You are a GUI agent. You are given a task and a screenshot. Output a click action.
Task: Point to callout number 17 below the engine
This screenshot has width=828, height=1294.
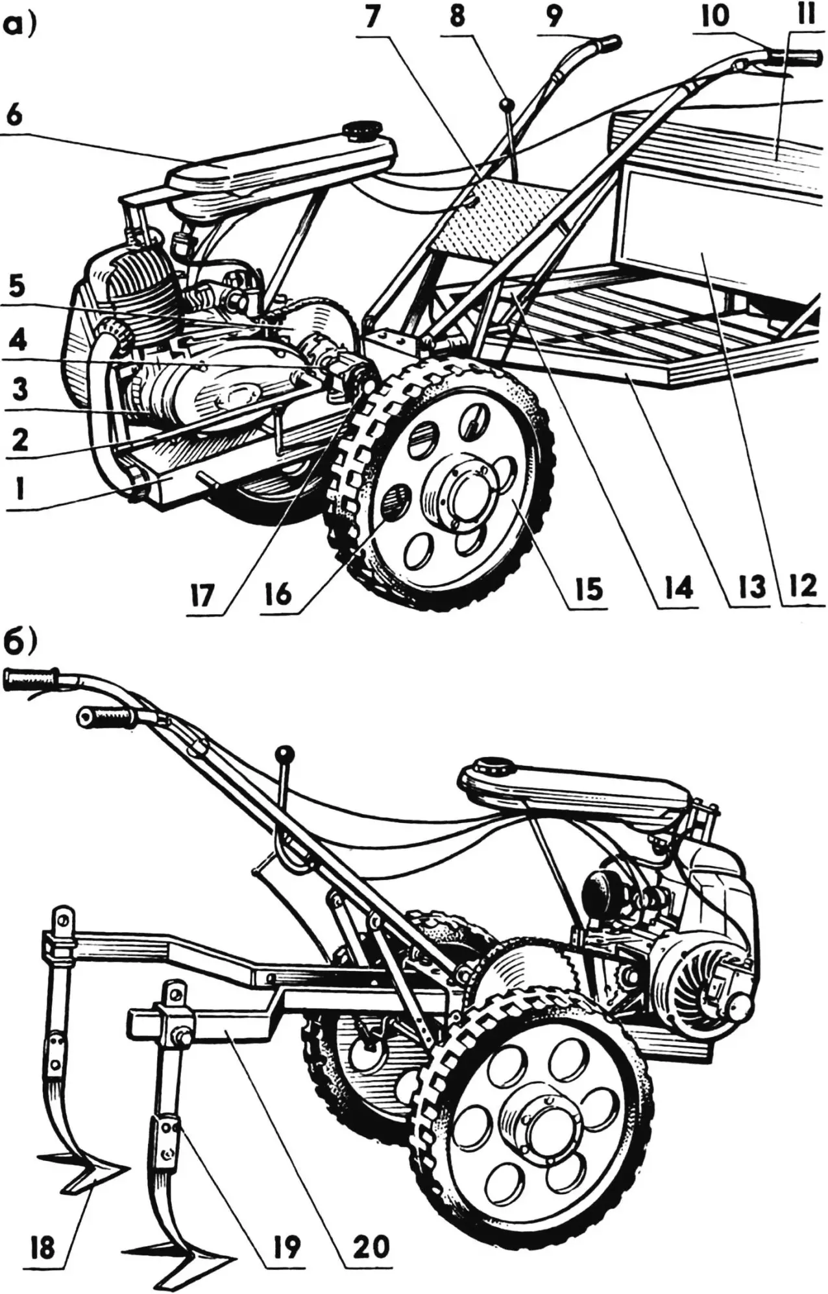pos(204,595)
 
